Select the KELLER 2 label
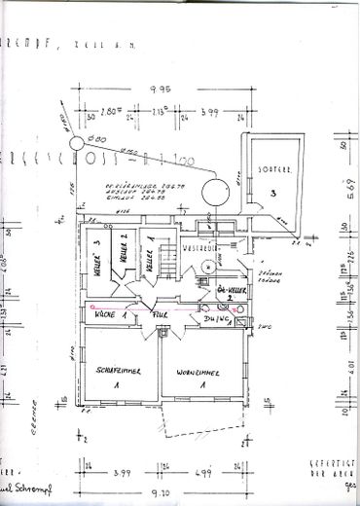point(124,258)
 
